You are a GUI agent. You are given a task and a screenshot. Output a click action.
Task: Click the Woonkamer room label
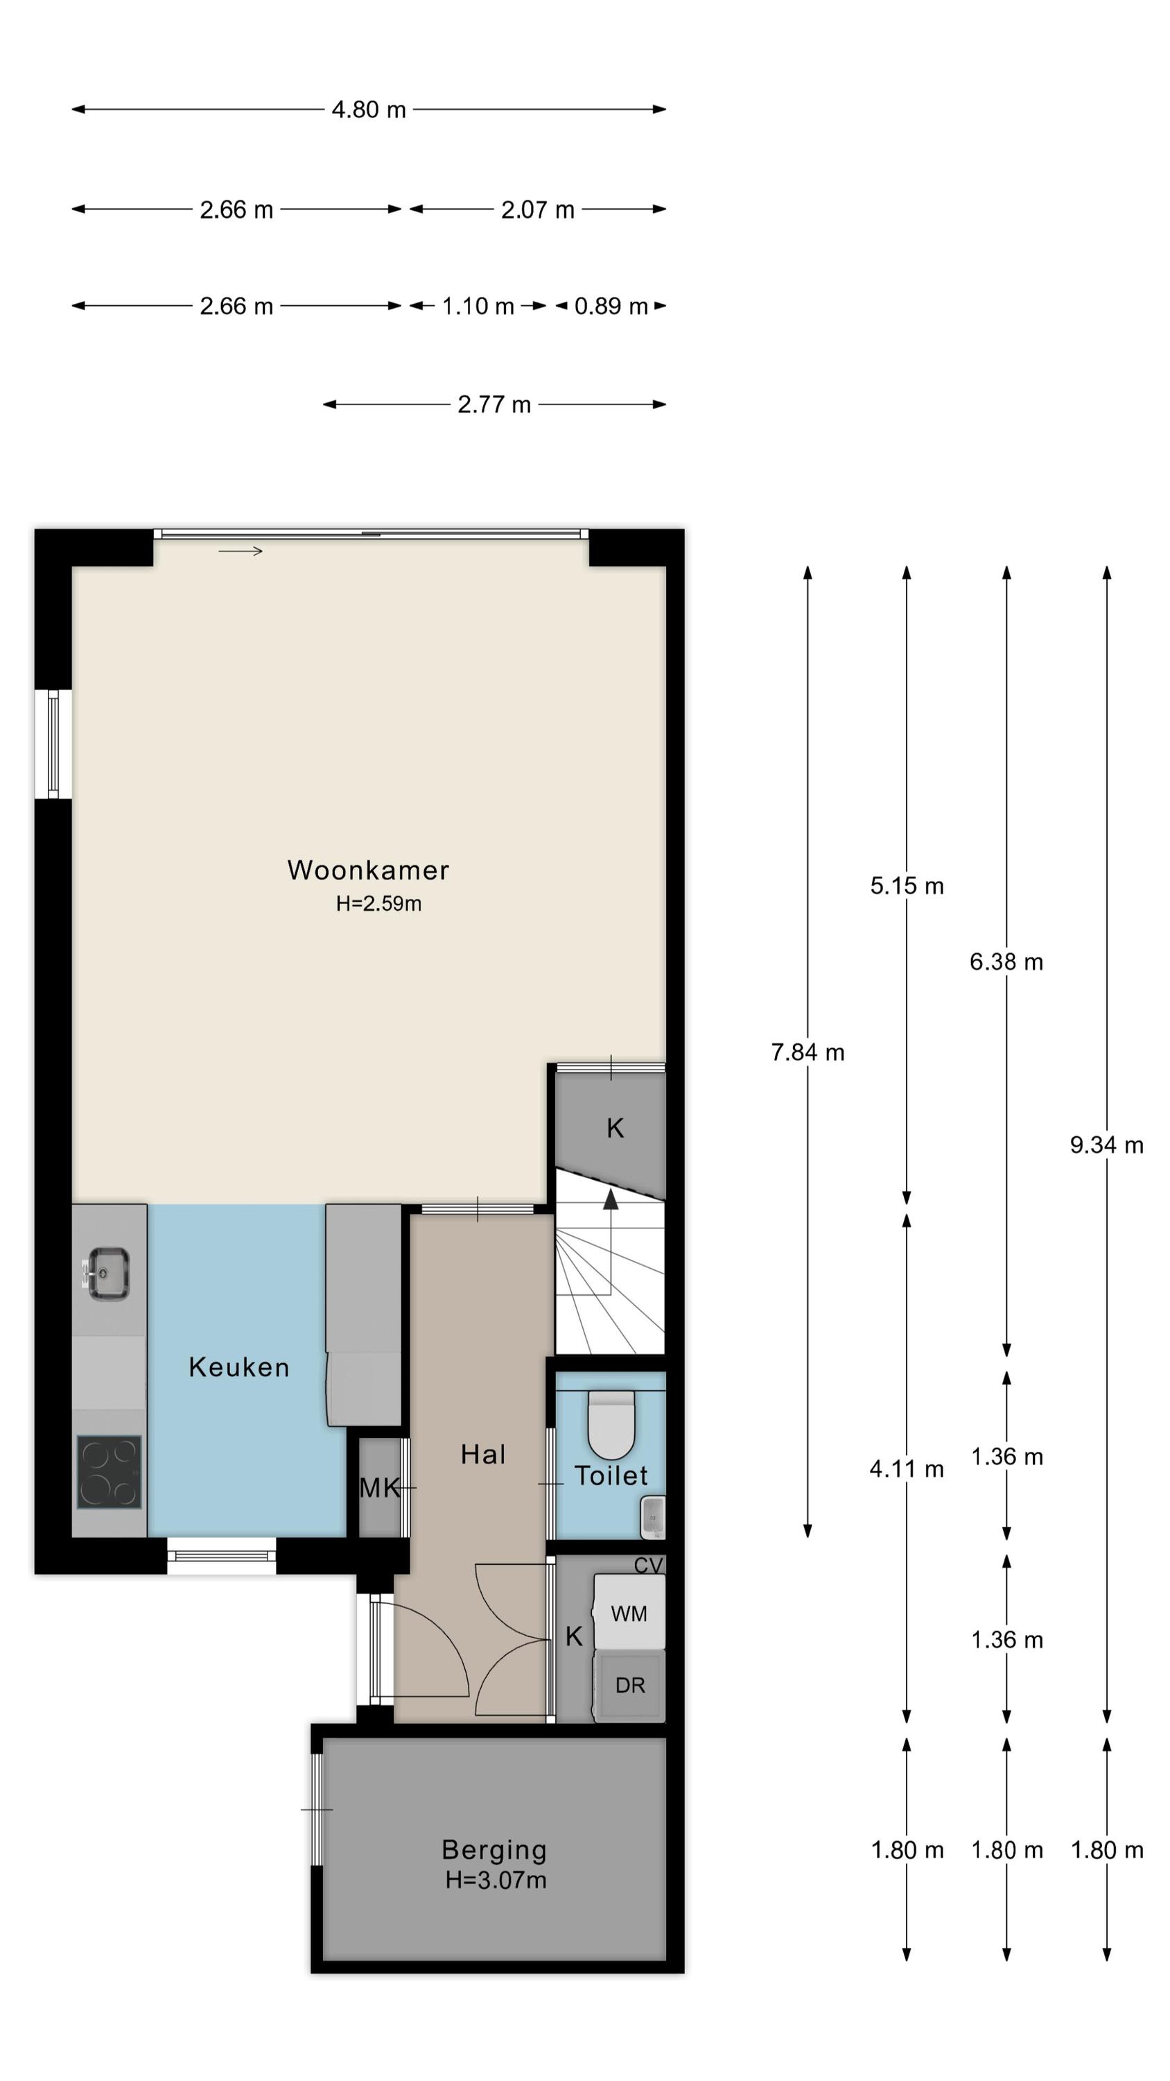pos(368,870)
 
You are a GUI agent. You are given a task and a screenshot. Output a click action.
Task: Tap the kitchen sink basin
pos(109,1274)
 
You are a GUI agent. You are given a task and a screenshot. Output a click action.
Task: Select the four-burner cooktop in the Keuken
pos(109,1472)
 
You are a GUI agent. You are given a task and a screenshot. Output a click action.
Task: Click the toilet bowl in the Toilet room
pos(611,1424)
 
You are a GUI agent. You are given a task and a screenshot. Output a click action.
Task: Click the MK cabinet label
pos(380,1487)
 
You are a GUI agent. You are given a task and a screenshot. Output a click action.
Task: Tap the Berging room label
pos(494,1849)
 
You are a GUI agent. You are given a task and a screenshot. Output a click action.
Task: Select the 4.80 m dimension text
pos(368,109)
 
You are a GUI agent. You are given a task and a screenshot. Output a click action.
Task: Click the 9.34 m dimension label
pos(1106,1145)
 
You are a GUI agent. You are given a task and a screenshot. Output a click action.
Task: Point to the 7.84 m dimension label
pos(807,1052)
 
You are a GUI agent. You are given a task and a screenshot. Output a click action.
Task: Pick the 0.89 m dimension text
pos(611,306)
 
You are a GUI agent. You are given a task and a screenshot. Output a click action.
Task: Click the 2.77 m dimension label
pos(494,404)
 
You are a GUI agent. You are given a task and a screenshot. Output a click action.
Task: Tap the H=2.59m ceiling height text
pos(378,903)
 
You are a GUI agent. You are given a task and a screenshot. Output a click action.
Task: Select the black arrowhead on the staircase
pos(611,1199)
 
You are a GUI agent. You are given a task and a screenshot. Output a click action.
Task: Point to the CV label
pos(647,1566)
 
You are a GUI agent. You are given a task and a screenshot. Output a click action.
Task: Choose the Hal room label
pos(483,1455)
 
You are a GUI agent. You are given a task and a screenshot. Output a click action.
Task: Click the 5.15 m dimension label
pos(907,887)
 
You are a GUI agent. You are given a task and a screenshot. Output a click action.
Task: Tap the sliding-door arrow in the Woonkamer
pos(241,551)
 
